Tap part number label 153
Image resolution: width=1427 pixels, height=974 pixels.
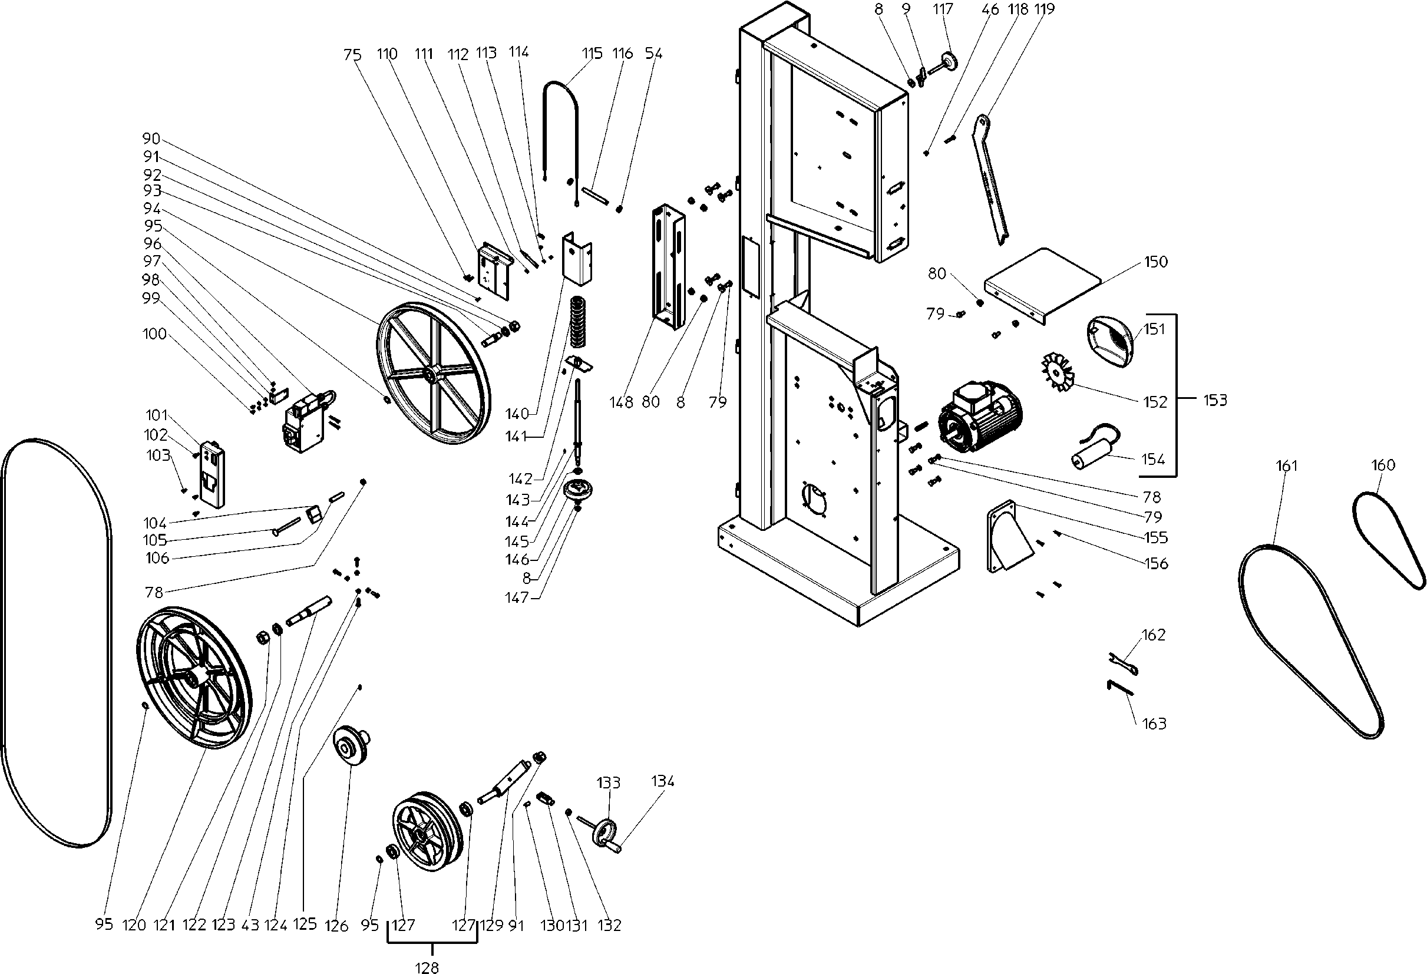click(x=1214, y=401)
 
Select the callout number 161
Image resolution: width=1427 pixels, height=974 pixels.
click(x=1286, y=466)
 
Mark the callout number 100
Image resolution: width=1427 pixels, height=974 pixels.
click(x=154, y=334)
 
